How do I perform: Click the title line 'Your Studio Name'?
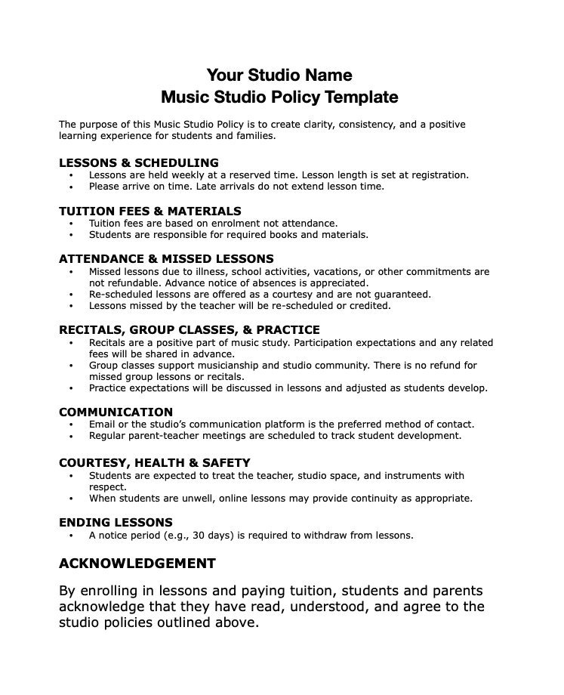(x=279, y=75)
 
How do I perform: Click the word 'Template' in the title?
(x=360, y=97)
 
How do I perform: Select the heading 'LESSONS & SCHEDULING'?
(x=139, y=162)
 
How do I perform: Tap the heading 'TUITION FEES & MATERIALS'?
(x=150, y=211)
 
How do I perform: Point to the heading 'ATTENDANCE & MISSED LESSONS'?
(x=166, y=259)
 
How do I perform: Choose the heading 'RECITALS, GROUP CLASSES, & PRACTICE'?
(x=190, y=330)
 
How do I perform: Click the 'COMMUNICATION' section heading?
(x=116, y=412)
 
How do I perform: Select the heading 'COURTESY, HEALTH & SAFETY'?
(x=155, y=463)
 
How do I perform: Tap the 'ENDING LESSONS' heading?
(x=116, y=523)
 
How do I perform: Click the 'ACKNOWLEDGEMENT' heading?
(x=137, y=564)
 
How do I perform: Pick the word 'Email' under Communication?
(x=103, y=425)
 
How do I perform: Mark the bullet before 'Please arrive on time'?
(x=70, y=187)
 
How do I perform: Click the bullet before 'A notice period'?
(x=70, y=536)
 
